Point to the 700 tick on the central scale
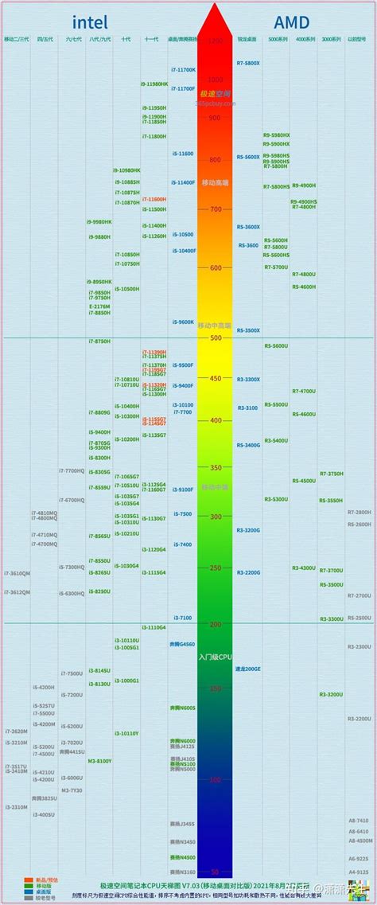coord(215,209)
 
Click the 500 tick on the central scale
coord(215,338)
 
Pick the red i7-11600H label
coord(154,199)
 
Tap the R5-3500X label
coord(248,330)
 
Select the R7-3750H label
coord(331,474)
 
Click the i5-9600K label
coord(183,322)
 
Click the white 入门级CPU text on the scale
coord(215,657)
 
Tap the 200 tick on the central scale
coord(215,625)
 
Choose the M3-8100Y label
coord(99,761)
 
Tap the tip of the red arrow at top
coord(215,5)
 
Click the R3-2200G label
coord(248,572)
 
